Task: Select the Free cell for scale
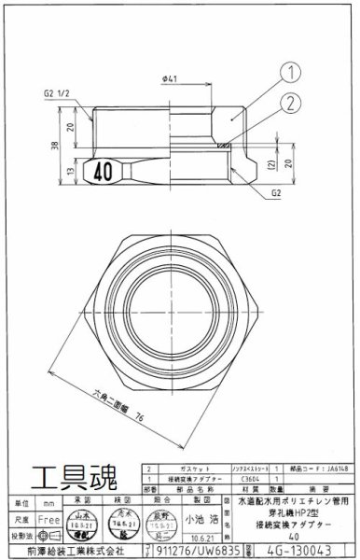[53, 516]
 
